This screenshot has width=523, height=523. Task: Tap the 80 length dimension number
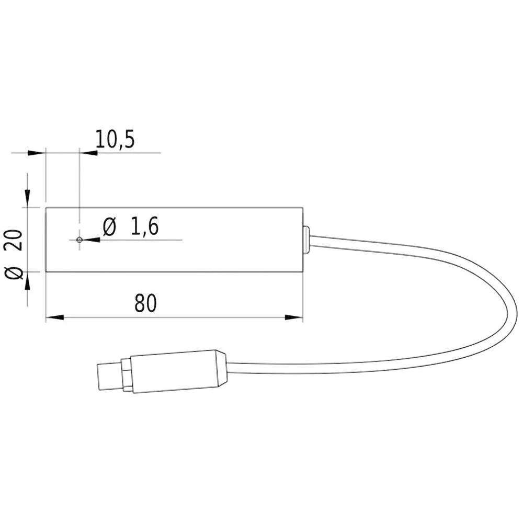coord(145,304)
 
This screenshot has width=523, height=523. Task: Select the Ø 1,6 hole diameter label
coord(131,228)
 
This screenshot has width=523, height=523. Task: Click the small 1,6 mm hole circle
coord(79,240)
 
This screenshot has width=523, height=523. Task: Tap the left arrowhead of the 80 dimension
coord(54,317)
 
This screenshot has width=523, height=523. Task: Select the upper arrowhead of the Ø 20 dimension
coord(27,198)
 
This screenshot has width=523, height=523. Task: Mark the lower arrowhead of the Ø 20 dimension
coord(27,281)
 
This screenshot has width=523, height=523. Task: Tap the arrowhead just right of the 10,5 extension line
coord(88,153)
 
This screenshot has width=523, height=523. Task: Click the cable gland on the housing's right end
coord(306,240)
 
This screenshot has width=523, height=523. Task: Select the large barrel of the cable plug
coord(175,371)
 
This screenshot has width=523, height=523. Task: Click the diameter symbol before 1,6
coord(109,228)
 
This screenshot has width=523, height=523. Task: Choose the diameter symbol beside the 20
coord(16,272)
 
